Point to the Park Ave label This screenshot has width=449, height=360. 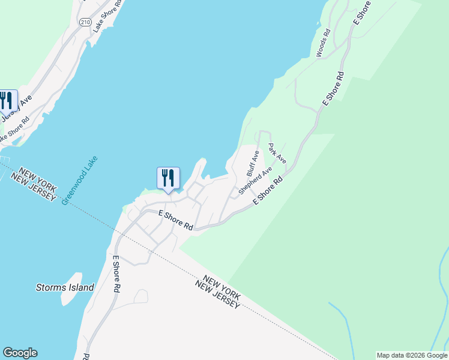(x=277, y=154)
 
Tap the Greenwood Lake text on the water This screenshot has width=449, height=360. (x=80, y=181)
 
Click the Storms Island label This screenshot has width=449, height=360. (x=65, y=287)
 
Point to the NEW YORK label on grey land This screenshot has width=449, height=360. (x=221, y=287)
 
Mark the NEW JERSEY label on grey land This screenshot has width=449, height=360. (x=218, y=295)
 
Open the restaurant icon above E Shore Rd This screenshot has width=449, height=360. (x=168, y=178)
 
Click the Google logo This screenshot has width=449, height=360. (x=20, y=353)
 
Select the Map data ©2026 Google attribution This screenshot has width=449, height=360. (x=412, y=355)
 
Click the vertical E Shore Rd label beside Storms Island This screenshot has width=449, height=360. (x=115, y=274)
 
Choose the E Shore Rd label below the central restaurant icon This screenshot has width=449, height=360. (x=175, y=220)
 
